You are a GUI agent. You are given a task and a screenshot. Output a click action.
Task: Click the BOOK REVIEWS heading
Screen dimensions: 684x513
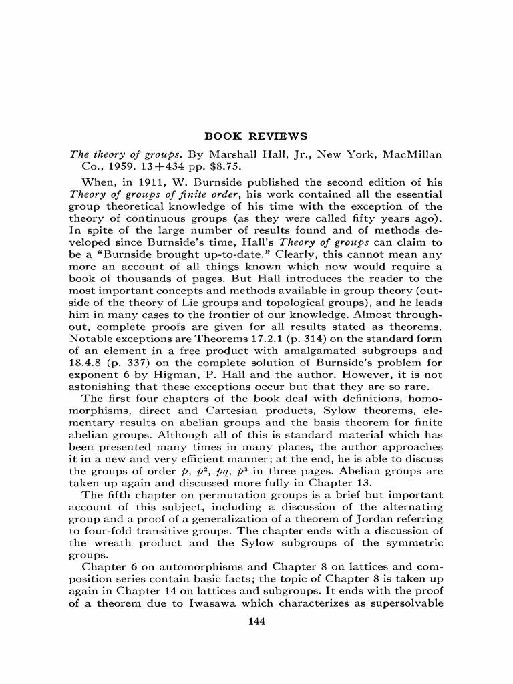click(x=256, y=136)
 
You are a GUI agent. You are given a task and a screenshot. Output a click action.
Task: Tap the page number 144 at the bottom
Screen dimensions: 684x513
click(x=256, y=621)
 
